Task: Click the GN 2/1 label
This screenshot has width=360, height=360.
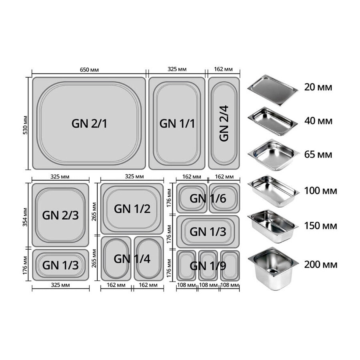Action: tap(90, 124)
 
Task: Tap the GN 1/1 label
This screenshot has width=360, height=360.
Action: tap(177, 124)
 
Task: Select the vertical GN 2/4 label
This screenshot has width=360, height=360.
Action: tap(224, 123)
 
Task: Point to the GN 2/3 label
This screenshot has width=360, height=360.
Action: tap(60, 215)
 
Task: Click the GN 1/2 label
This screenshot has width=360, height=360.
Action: tap(132, 209)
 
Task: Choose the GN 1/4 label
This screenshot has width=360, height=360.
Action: tap(132, 259)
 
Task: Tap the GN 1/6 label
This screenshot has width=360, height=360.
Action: tap(208, 198)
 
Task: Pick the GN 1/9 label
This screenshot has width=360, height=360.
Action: tap(208, 266)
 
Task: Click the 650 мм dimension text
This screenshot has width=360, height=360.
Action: tap(89, 70)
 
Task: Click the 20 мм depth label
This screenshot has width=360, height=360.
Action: tap(319, 87)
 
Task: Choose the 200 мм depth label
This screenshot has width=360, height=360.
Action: tap(320, 264)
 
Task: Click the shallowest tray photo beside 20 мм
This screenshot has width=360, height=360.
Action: tap(272, 89)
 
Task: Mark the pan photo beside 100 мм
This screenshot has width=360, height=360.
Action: tap(273, 191)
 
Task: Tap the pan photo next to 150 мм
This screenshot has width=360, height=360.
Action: tap(273, 226)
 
